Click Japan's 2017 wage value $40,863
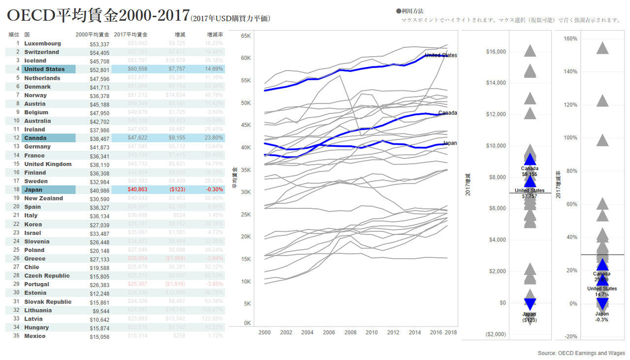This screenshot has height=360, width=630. [137, 190]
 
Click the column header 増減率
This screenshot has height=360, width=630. [215, 35]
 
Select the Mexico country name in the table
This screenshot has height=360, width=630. [35, 336]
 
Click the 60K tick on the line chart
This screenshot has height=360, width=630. [246, 58]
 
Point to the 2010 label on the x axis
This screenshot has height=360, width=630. [372, 332]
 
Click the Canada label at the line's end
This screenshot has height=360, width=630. [447, 113]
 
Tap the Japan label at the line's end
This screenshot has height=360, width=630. [450, 143]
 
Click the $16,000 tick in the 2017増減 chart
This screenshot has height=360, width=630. [496, 52]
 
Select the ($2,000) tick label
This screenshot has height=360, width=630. [496, 334]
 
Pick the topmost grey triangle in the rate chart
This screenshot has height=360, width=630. [602, 48]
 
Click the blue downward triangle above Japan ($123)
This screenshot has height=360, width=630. [530, 304]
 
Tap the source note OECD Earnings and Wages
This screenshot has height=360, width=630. [581, 353]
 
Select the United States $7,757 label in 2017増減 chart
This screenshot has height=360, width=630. [530, 194]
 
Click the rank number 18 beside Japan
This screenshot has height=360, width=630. [16, 190]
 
